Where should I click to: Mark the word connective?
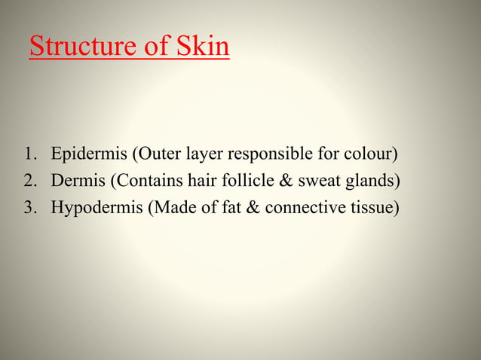tap(306, 207)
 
